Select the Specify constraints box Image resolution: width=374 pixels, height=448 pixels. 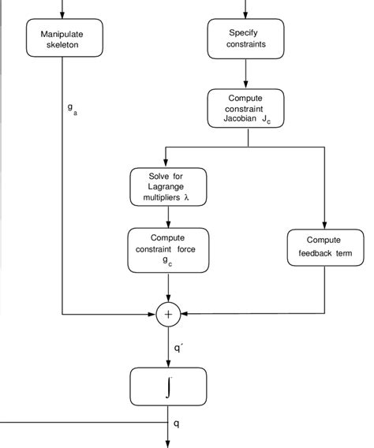point(247,39)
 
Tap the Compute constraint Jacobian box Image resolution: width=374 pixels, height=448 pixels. point(247,109)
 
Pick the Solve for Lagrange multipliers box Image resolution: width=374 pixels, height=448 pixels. point(169,187)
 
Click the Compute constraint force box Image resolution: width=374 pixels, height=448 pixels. point(169,250)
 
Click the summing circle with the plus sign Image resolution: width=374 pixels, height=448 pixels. point(168,315)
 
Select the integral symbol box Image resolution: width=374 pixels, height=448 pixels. point(168,386)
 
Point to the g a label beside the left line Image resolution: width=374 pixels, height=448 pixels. point(72,108)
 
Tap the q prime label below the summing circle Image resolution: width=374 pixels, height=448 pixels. point(178,347)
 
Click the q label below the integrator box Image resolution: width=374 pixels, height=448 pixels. point(177,424)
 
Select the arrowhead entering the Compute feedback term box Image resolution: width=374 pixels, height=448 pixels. point(324,225)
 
